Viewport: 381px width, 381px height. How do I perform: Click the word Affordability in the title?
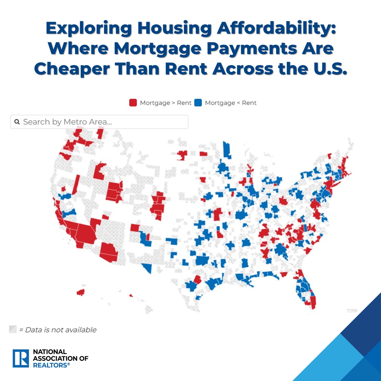pyautogui.click(x=276, y=28)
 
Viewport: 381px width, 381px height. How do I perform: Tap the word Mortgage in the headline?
pyautogui.click(x=158, y=49)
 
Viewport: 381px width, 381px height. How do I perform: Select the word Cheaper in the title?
pyautogui.click(x=72, y=69)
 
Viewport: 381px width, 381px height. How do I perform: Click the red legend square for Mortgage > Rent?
pyautogui.click(x=133, y=103)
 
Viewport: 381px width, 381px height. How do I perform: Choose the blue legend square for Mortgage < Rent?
pyautogui.click(x=198, y=103)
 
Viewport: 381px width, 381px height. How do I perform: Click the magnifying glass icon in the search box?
pyautogui.click(x=17, y=122)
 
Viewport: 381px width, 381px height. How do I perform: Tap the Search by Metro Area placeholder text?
pyautogui.click(x=67, y=122)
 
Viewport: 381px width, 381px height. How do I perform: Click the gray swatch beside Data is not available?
pyautogui.click(x=13, y=329)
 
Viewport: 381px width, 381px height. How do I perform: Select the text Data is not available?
pyautogui.click(x=61, y=330)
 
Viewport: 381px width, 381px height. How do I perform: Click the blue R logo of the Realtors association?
pyautogui.click(x=21, y=358)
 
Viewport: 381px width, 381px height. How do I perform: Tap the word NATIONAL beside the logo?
pyautogui.click(x=50, y=352)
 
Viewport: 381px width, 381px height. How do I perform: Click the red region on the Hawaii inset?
pyautogui.click(x=81, y=292)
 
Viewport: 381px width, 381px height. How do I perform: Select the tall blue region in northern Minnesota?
pyautogui.click(x=226, y=150)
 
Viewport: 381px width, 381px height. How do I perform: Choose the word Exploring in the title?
pyautogui.click(x=89, y=28)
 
